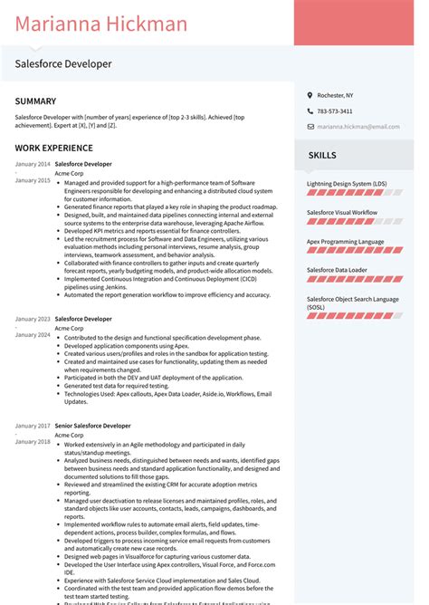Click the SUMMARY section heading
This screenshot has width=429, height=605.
click(x=35, y=101)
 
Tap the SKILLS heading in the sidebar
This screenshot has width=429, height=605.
click(x=322, y=155)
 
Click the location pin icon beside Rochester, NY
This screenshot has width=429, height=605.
click(x=309, y=95)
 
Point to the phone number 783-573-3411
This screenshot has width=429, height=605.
click(x=335, y=111)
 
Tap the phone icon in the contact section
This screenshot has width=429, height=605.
click(x=309, y=111)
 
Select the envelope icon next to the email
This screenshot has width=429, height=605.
click(x=309, y=127)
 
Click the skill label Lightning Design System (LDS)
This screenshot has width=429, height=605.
click(x=346, y=183)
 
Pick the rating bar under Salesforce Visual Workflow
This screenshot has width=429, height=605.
click(x=354, y=221)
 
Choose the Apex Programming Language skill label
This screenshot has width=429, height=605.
click(x=345, y=241)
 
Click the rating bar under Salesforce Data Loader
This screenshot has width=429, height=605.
click(x=354, y=280)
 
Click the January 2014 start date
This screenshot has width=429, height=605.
click(x=33, y=164)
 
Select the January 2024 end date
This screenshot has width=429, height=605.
click(x=33, y=335)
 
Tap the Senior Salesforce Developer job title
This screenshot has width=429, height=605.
click(x=92, y=426)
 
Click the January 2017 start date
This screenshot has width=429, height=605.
click(x=33, y=426)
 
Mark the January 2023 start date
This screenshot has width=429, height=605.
click(x=33, y=319)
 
